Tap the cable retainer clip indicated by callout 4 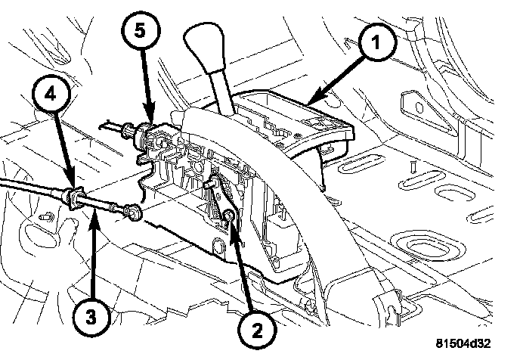click(74, 199)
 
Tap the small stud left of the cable click(46, 217)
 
